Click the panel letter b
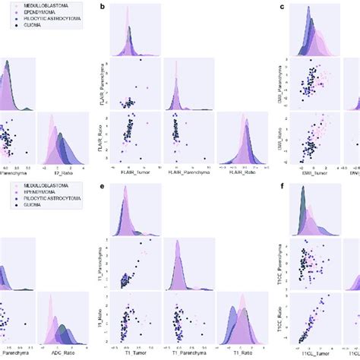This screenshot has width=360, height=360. pyautogui.click(x=103, y=6)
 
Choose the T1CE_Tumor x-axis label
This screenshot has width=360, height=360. pyautogui.click(x=314, y=353)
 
